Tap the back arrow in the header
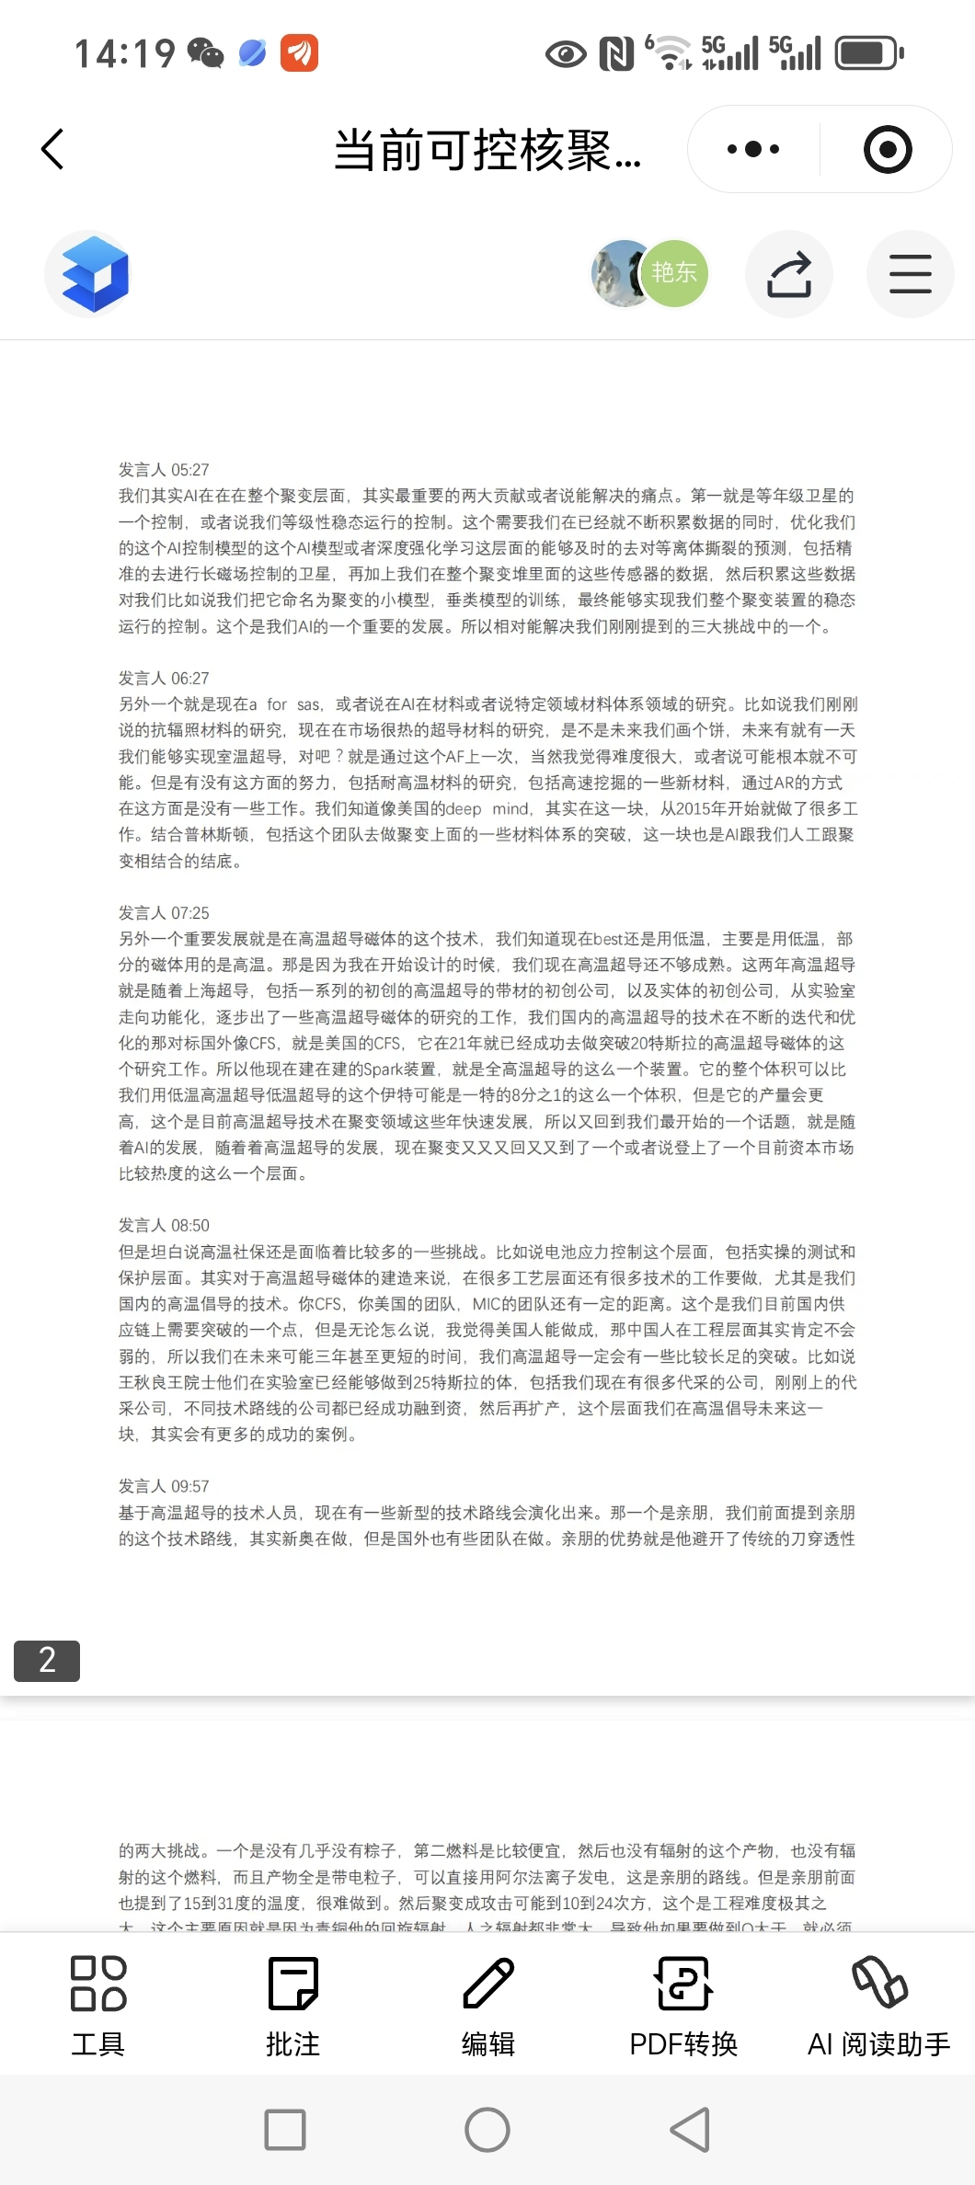pyautogui.click(x=53, y=149)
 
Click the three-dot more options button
pyautogui.click(x=753, y=149)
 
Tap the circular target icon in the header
pyautogui.click(x=888, y=150)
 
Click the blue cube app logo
pyautogui.click(x=95, y=274)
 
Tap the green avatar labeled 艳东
pyautogui.click(x=674, y=273)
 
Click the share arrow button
pyautogui.click(x=789, y=274)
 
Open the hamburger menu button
pyautogui.click(x=910, y=274)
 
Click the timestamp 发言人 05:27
pyautogui.click(x=164, y=470)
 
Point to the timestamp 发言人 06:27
pyautogui.click(x=164, y=679)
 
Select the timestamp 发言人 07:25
pyautogui.click(x=164, y=913)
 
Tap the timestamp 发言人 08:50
pyautogui.click(x=164, y=1226)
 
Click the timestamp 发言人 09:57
pyautogui.click(x=164, y=1487)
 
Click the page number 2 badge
pyautogui.click(x=47, y=1660)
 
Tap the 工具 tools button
pyautogui.click(x=98, y=2005)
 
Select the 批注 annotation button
pyautogui.click(x=292, y=2005)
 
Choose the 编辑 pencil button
pyautogui.click(x=487, y=2005)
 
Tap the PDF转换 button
pyautogui.click(x=683, y=2005)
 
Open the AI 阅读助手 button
pyautogui.click(x=878, y=2005)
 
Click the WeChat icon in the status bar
pyautogui.click(x=205, y=53)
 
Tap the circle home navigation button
pyautogui.click(x=487, y=2130)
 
